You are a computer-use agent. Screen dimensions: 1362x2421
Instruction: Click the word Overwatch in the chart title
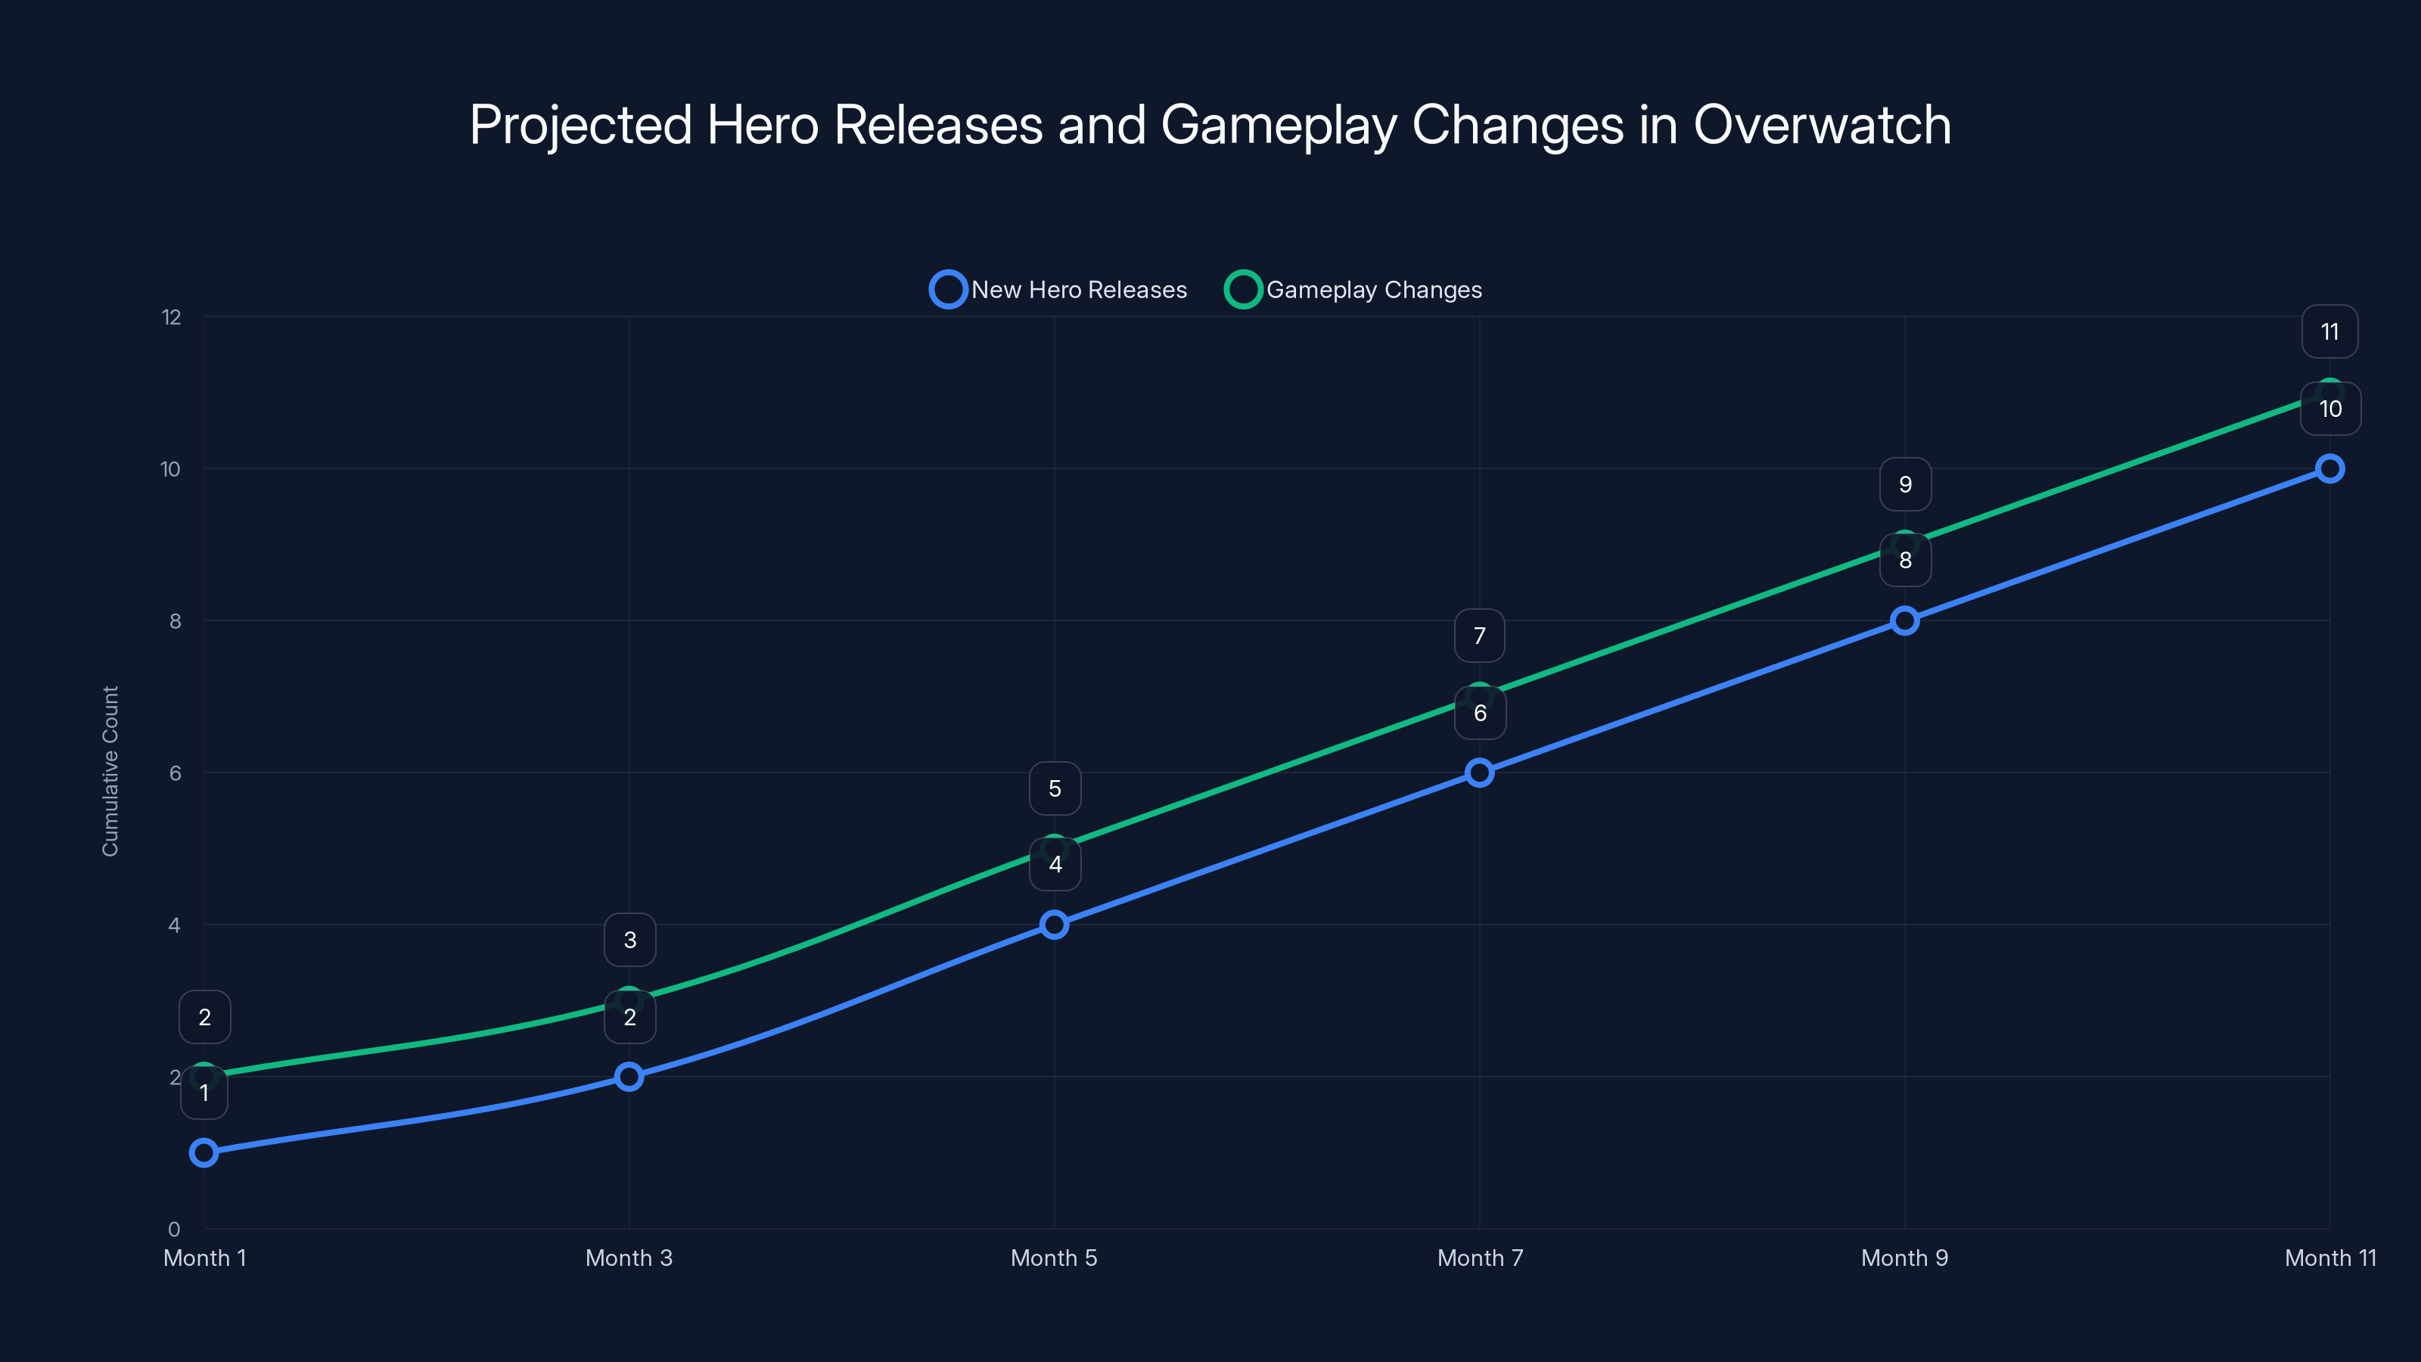tap(1821, 125)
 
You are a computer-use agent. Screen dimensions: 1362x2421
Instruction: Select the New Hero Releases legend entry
tap(1059, 290)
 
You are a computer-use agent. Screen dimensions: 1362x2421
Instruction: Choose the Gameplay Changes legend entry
tap(1354, 290)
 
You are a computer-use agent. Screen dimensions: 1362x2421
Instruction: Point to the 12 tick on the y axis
tap(171, 318)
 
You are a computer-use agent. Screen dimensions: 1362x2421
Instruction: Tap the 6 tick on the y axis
tap(175, 773)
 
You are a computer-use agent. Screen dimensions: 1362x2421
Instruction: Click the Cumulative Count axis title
tap(110, 771)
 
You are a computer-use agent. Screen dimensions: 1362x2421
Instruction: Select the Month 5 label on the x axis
tap(1054, 1258)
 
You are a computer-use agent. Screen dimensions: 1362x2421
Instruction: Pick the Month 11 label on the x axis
tap(2330, 1258)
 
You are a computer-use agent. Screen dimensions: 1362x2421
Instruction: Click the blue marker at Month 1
tap(204, 1152)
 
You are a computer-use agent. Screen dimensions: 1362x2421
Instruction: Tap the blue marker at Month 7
tap(1479, 773)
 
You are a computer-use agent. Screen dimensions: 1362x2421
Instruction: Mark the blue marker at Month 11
tap(2329, 468)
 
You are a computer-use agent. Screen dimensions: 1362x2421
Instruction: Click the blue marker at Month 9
tap(1904, 620)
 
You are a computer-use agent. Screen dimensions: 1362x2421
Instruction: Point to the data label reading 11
tap(2329, 332)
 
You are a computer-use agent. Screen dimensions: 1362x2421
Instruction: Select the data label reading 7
tap(1479, 636)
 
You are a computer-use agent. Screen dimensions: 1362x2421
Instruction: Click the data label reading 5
tap(1055, 788)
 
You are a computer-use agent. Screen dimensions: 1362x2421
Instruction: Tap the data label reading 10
tap(2330, 409)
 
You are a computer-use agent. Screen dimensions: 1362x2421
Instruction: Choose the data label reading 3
tap(629, 940)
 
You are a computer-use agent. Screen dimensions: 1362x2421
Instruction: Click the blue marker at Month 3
tap(629, 1076)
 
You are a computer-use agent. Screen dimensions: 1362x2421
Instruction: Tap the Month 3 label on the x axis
tap(629, 1258)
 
